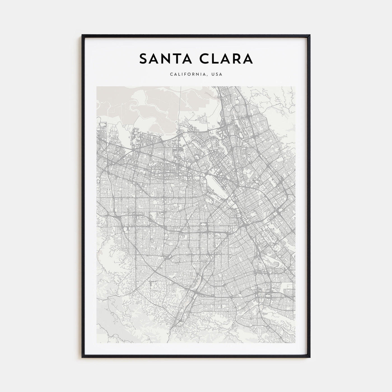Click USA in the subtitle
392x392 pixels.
point(217,74)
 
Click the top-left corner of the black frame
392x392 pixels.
point(82,35)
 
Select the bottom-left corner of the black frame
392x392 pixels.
point(82,357)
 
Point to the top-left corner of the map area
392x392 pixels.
point(97,87)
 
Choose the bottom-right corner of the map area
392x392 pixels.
point(295,343)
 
